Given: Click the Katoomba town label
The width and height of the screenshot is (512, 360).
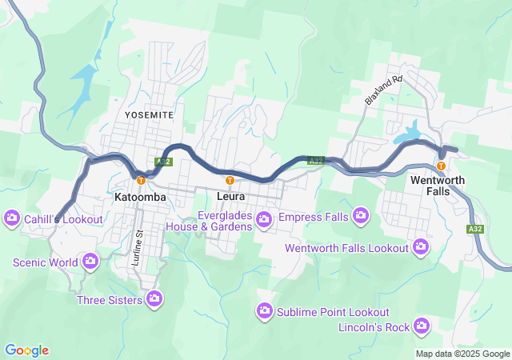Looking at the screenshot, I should [140, 196].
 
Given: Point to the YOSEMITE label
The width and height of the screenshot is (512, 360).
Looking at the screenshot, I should [149, 115].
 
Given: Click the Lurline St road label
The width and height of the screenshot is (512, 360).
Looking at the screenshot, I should [138, 243].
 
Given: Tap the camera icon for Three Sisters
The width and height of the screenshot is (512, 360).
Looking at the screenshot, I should [155, 300].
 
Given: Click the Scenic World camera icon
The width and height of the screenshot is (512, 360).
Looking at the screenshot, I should [90, 261].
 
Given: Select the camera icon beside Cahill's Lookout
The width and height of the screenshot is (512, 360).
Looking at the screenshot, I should [12, 218].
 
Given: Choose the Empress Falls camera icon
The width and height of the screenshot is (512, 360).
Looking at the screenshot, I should [361, 214].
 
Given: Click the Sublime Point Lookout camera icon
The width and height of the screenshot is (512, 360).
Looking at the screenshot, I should [265, 310].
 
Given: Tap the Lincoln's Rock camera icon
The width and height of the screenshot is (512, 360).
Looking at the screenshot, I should [422, 326].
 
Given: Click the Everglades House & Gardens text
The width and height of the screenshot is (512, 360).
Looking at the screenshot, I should [209, 220].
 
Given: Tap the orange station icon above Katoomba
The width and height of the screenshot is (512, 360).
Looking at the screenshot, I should [141, 180].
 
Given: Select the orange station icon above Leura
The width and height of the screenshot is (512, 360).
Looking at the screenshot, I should [230, 180].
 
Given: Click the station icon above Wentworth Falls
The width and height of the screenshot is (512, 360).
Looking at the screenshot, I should [441, 166].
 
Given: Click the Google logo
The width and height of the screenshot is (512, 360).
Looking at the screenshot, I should [26, 350].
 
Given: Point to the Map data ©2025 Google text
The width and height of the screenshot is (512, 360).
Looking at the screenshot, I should [462, 354].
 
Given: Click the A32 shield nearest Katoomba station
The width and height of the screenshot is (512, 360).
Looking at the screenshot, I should [163, 162].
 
